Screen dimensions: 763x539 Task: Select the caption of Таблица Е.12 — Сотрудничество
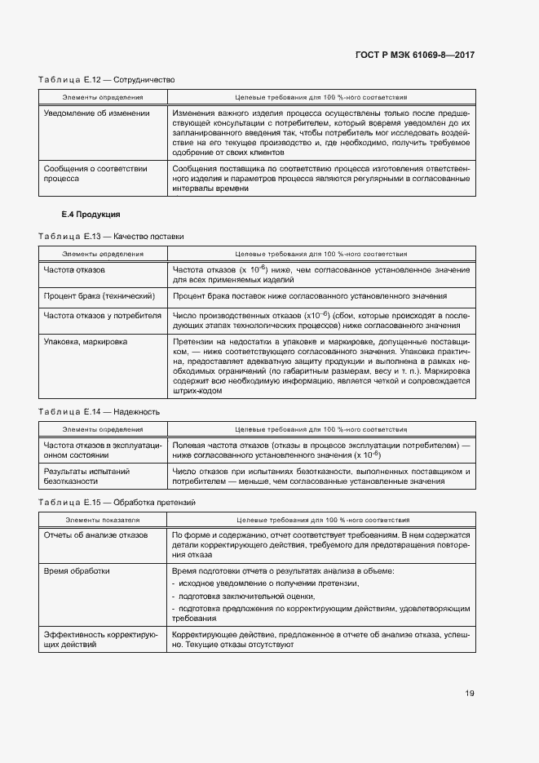107,80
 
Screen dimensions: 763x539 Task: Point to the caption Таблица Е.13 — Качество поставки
111,237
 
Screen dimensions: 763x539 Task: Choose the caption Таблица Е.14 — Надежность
99,411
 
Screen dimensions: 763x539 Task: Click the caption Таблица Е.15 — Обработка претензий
117,501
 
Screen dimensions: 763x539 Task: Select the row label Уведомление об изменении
96,113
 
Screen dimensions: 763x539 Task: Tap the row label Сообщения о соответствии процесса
95,174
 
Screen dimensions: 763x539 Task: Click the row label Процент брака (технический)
99,296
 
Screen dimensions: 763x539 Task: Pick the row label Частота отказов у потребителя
103,315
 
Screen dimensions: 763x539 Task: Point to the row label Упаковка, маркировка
85,342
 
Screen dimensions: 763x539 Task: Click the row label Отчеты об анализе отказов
95,535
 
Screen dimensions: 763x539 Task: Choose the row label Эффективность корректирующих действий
100,639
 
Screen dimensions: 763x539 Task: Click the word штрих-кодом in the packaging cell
196,391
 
